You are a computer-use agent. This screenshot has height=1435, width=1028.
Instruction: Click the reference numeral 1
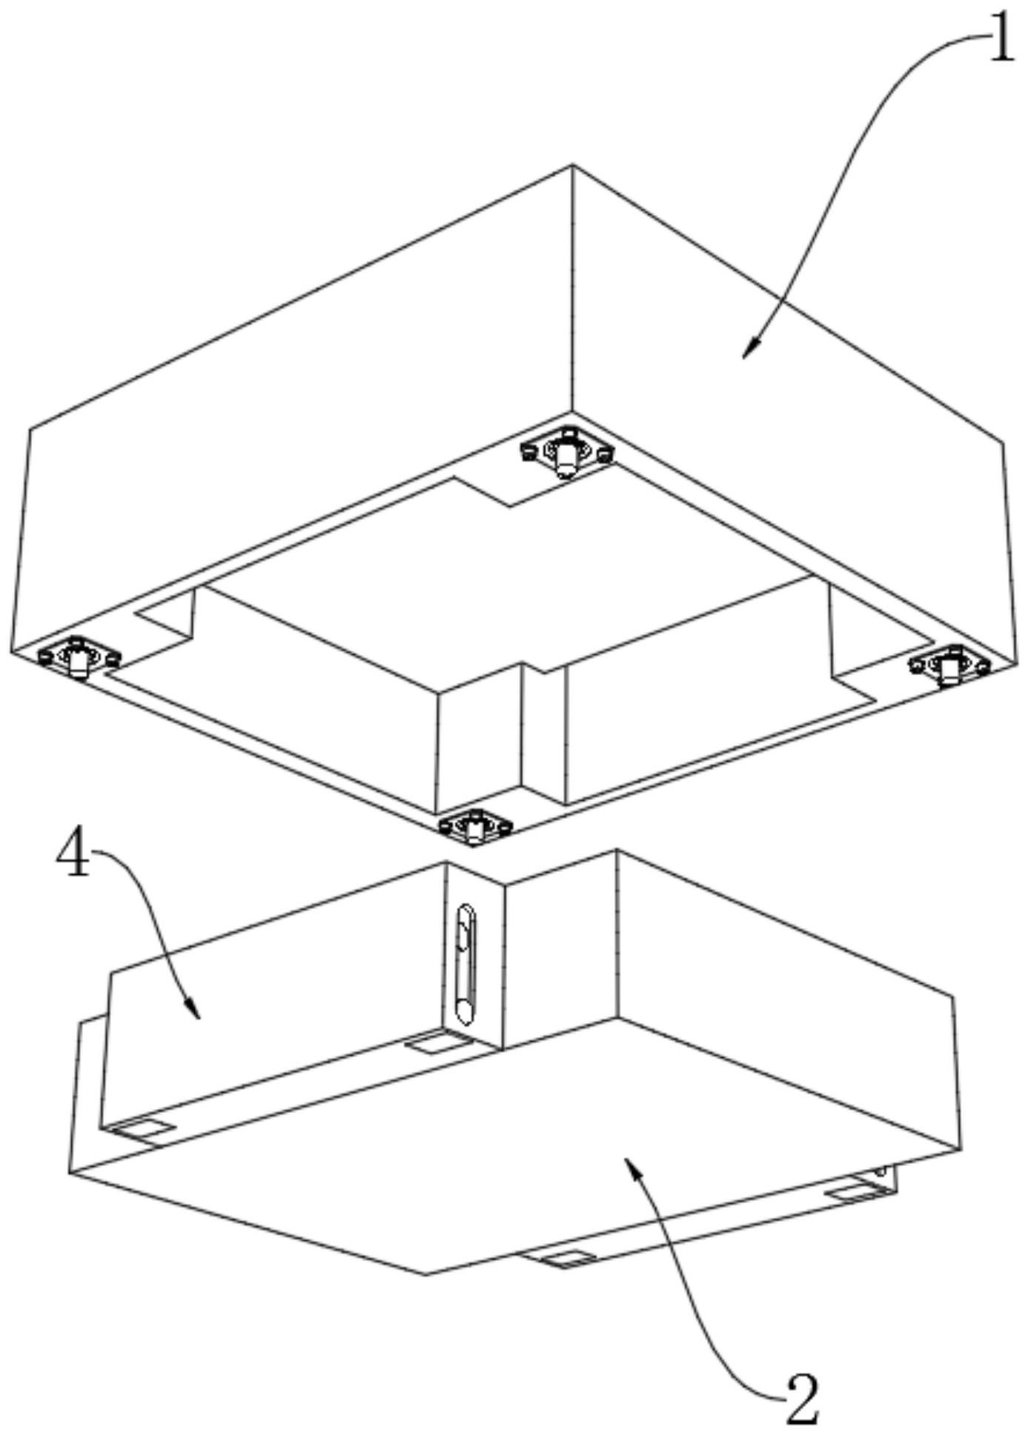click(1001, 37)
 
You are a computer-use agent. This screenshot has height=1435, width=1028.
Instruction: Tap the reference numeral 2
click(802, 1399)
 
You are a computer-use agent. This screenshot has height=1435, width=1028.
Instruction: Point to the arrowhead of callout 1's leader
click(750, 349)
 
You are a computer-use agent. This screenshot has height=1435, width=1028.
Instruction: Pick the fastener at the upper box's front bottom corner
click(475, 825)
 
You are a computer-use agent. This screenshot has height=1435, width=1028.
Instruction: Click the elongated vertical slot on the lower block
click(465, 964)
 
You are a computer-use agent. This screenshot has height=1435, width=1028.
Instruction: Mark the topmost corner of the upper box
click(572, 164)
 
